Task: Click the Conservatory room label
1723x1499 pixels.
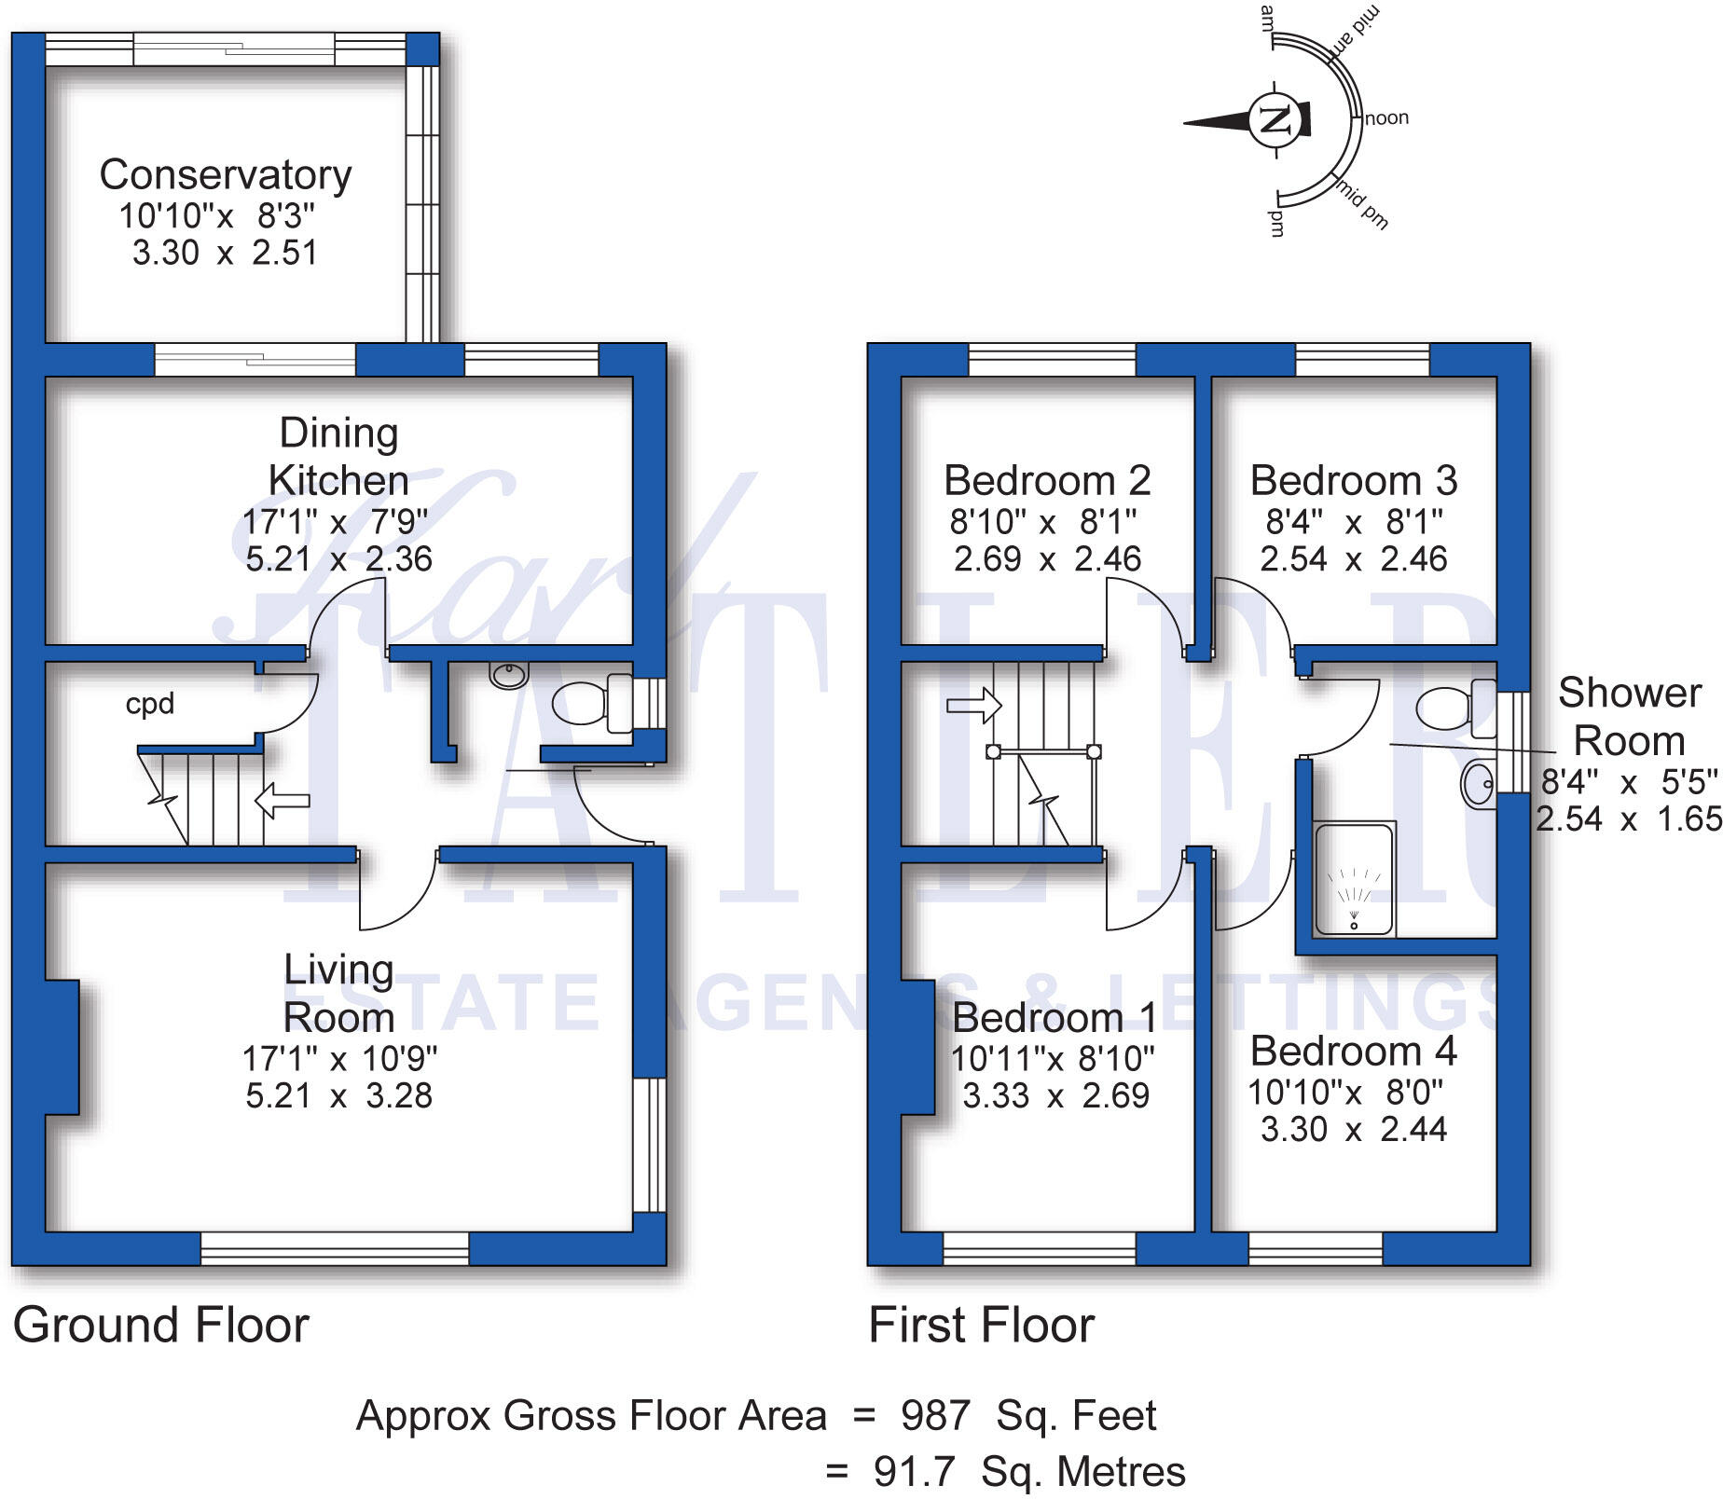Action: point(226,175)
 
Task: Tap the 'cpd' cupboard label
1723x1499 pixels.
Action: point(150,704)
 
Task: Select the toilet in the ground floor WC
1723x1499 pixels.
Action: point(593,703)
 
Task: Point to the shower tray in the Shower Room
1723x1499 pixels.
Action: point(1354,878)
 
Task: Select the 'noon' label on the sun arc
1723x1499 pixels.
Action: point(1386,118)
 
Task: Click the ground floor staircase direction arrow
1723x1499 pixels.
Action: point(283,800)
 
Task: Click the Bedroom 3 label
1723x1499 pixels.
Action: point(1354,481)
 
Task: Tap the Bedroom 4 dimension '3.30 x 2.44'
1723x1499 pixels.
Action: point(1354,1130)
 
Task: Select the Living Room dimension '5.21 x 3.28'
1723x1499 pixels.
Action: point(339,1096)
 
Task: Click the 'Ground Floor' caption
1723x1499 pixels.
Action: point(161,1326)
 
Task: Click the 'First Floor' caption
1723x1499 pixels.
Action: point(982,1326)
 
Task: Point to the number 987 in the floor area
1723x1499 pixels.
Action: point(935,1416)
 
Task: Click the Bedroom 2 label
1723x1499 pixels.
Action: point(1048,481)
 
